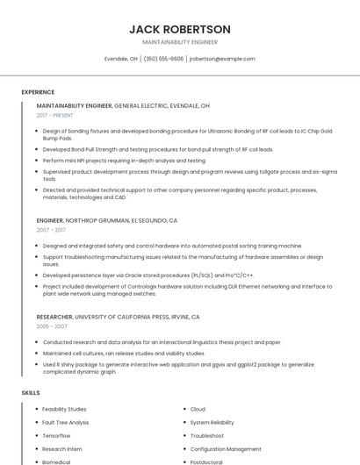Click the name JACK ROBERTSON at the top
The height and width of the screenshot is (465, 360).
180,29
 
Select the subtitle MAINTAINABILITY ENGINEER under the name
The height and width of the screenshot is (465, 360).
180,42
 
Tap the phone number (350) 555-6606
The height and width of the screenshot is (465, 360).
163,59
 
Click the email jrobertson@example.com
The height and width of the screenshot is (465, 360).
222,59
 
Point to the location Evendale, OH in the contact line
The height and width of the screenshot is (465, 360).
121,59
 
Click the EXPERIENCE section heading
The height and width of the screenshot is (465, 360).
38,92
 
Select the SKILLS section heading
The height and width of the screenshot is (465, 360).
31,393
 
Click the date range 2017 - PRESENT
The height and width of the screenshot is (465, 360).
55,115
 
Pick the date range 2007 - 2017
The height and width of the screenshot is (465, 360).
51,230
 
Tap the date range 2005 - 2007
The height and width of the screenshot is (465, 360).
51,325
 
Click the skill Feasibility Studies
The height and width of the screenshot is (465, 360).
64,409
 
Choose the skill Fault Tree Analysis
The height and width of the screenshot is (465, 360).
65,422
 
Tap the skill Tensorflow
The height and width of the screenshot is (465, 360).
56,435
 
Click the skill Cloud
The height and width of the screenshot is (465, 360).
198,409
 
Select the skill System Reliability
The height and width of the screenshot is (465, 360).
212,422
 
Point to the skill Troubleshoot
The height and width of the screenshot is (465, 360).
206,435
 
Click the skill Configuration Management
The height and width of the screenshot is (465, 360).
225,448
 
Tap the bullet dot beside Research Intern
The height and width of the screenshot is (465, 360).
35,448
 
